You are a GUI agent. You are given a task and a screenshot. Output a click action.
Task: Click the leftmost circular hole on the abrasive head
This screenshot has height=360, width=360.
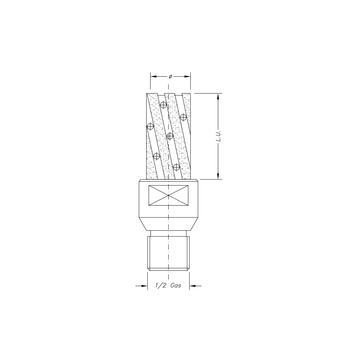pos(146,128)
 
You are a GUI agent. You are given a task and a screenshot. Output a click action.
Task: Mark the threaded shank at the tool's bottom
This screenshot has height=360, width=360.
pos(169,249)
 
